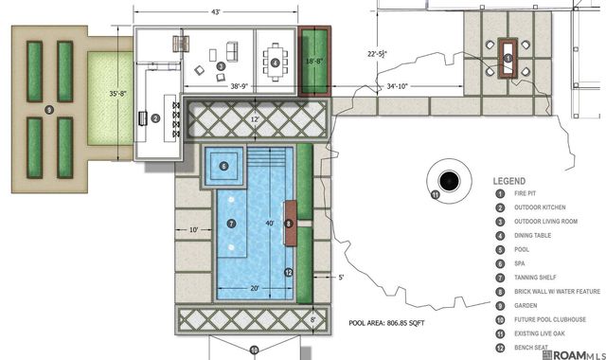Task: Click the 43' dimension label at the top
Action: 216,11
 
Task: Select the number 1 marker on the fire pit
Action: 508,59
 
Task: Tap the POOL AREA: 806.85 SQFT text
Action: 391,322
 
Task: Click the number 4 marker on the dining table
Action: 276,63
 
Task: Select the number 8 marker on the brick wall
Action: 289,223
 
